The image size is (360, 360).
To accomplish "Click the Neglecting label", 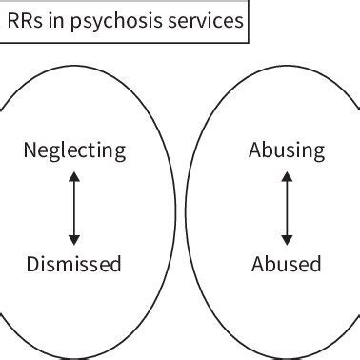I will click(x=74, y=151).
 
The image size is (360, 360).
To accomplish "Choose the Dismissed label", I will click(x=74, y=264).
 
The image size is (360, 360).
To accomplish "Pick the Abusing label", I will click(x=287, y=151).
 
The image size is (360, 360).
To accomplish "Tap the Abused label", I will click(x=287, y=264).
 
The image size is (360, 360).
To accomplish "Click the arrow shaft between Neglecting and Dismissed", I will click(x=74, y=208).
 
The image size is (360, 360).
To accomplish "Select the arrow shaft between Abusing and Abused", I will click(x=287, y=208).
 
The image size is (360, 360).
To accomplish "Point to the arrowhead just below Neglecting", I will click(x=74, y=178).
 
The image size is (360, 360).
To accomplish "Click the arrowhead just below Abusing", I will click(x=287, y=178).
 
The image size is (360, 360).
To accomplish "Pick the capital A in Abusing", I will click(x=254, y=150).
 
